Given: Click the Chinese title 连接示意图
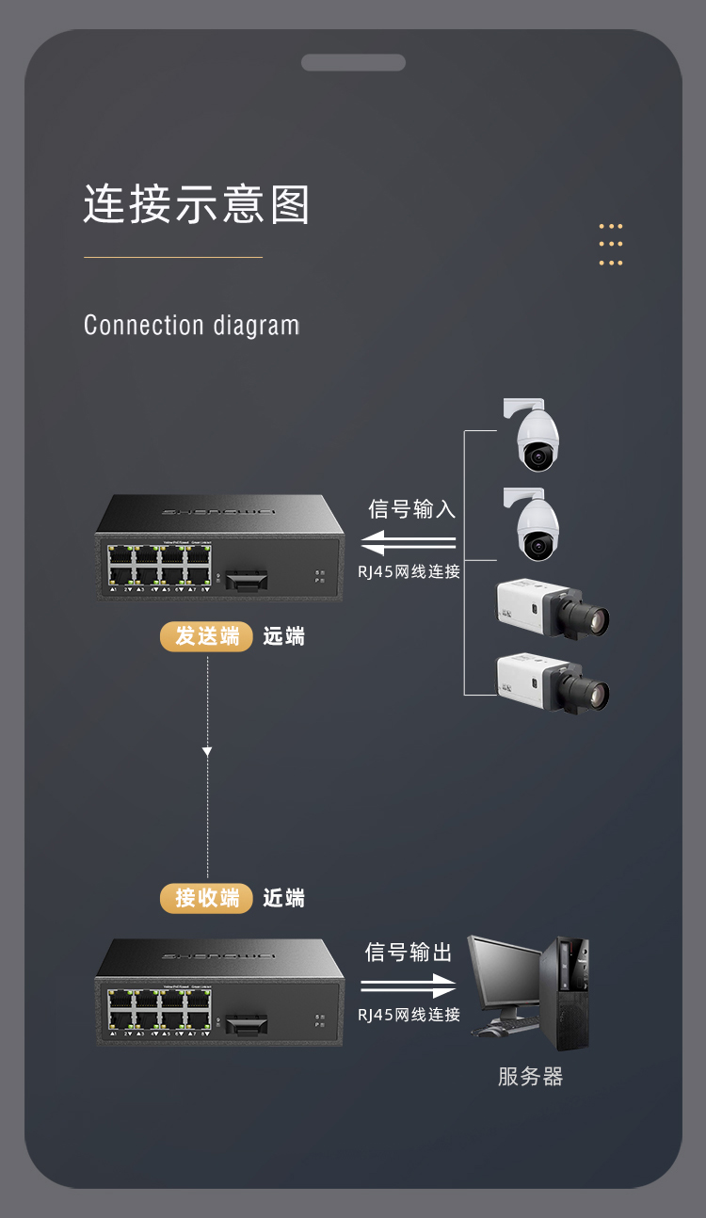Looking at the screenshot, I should click(197, 204).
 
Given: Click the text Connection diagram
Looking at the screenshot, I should click(191, 326).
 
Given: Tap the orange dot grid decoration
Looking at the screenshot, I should click(611, 245).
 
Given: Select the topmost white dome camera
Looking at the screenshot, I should click(536, 437).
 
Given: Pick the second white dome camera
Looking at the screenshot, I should click(536, 526).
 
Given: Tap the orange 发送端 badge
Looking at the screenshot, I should click(206, 636).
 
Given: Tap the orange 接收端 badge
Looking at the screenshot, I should click(206, 898).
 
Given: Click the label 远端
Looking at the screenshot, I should click(283, 636).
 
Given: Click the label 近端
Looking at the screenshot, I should click(283, 898).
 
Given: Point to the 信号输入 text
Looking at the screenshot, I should click(411, 509).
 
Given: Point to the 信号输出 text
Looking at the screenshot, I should click(409, 952).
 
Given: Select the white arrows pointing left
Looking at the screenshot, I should click(409, 543).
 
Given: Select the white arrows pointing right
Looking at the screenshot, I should click(409, 986).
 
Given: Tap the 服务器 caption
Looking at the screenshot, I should click(530, 1077).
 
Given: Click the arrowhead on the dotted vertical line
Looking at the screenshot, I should click(207, 751).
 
